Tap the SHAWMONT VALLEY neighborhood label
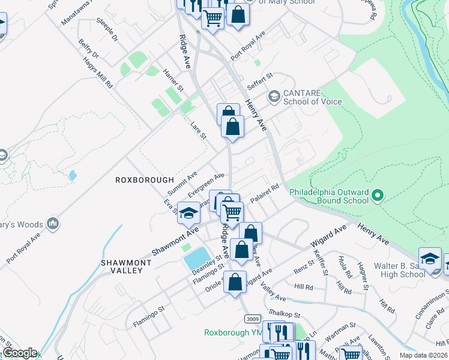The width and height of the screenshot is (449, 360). (x=122, y=266)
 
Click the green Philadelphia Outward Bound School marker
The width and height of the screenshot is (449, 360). (x=378, y=196)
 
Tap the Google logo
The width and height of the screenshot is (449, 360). (x=20, y=353)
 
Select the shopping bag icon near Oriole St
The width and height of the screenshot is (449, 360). (x=236, y=281)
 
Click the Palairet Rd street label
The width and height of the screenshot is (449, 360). (x=265, y=194)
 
